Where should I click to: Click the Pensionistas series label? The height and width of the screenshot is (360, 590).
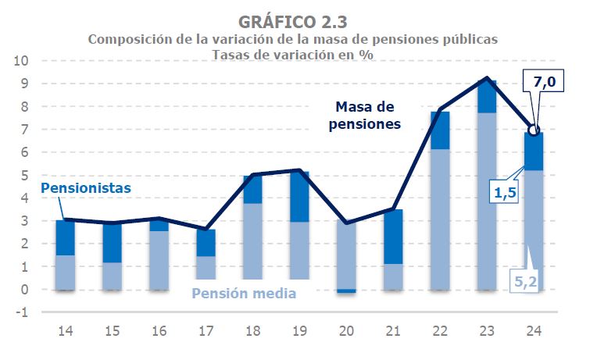click(x=85, y=188)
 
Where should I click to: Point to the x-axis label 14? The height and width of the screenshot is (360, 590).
click(x=66, y=331)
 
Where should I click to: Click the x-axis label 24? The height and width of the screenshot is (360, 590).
click(x=535, y=331)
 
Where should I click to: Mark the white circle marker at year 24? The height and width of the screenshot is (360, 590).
click(x=535, y=130)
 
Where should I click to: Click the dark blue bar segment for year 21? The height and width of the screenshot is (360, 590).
click(x=394, y=237)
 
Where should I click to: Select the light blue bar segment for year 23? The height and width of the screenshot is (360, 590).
click(x=488, y=201)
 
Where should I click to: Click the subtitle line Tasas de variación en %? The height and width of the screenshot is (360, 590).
click(x=292, y=54)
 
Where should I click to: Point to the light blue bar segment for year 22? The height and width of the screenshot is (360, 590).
click(x=441, y=219)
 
